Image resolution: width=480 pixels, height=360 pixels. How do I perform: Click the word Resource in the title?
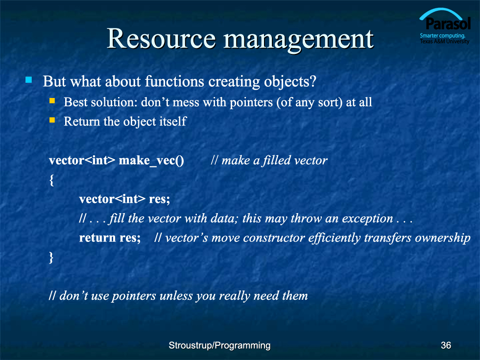pyautogui.click(x=161, y=39)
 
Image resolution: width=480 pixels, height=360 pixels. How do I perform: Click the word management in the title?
pyautogui.click(x=298, y=41)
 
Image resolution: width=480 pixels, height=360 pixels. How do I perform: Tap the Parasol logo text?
pyautogui.click(x=448, y=24)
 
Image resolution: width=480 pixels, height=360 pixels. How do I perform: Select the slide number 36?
pyautogui.click(x=446, y=345)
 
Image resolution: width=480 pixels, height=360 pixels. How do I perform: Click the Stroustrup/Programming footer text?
pyautogui.click(x=219, y=345)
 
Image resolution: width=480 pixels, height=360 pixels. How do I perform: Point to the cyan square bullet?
pyautogui.click(x=28, y=80)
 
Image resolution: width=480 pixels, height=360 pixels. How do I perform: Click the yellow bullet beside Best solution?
pyautogui.click(x=52, y=101)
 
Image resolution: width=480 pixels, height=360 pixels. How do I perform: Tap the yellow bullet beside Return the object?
pyautogui.click(x=52, y=120)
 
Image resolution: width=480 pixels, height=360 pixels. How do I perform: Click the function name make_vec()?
pyautogui.click(x=151, y=161)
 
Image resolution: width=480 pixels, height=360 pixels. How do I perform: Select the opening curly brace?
pyautogui.click(x=51, y=180)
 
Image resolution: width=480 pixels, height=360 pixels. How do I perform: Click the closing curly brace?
pyautogui.click(x=51, y=258)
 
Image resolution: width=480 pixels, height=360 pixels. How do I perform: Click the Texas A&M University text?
pyautogui.click(x=445, y=41)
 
